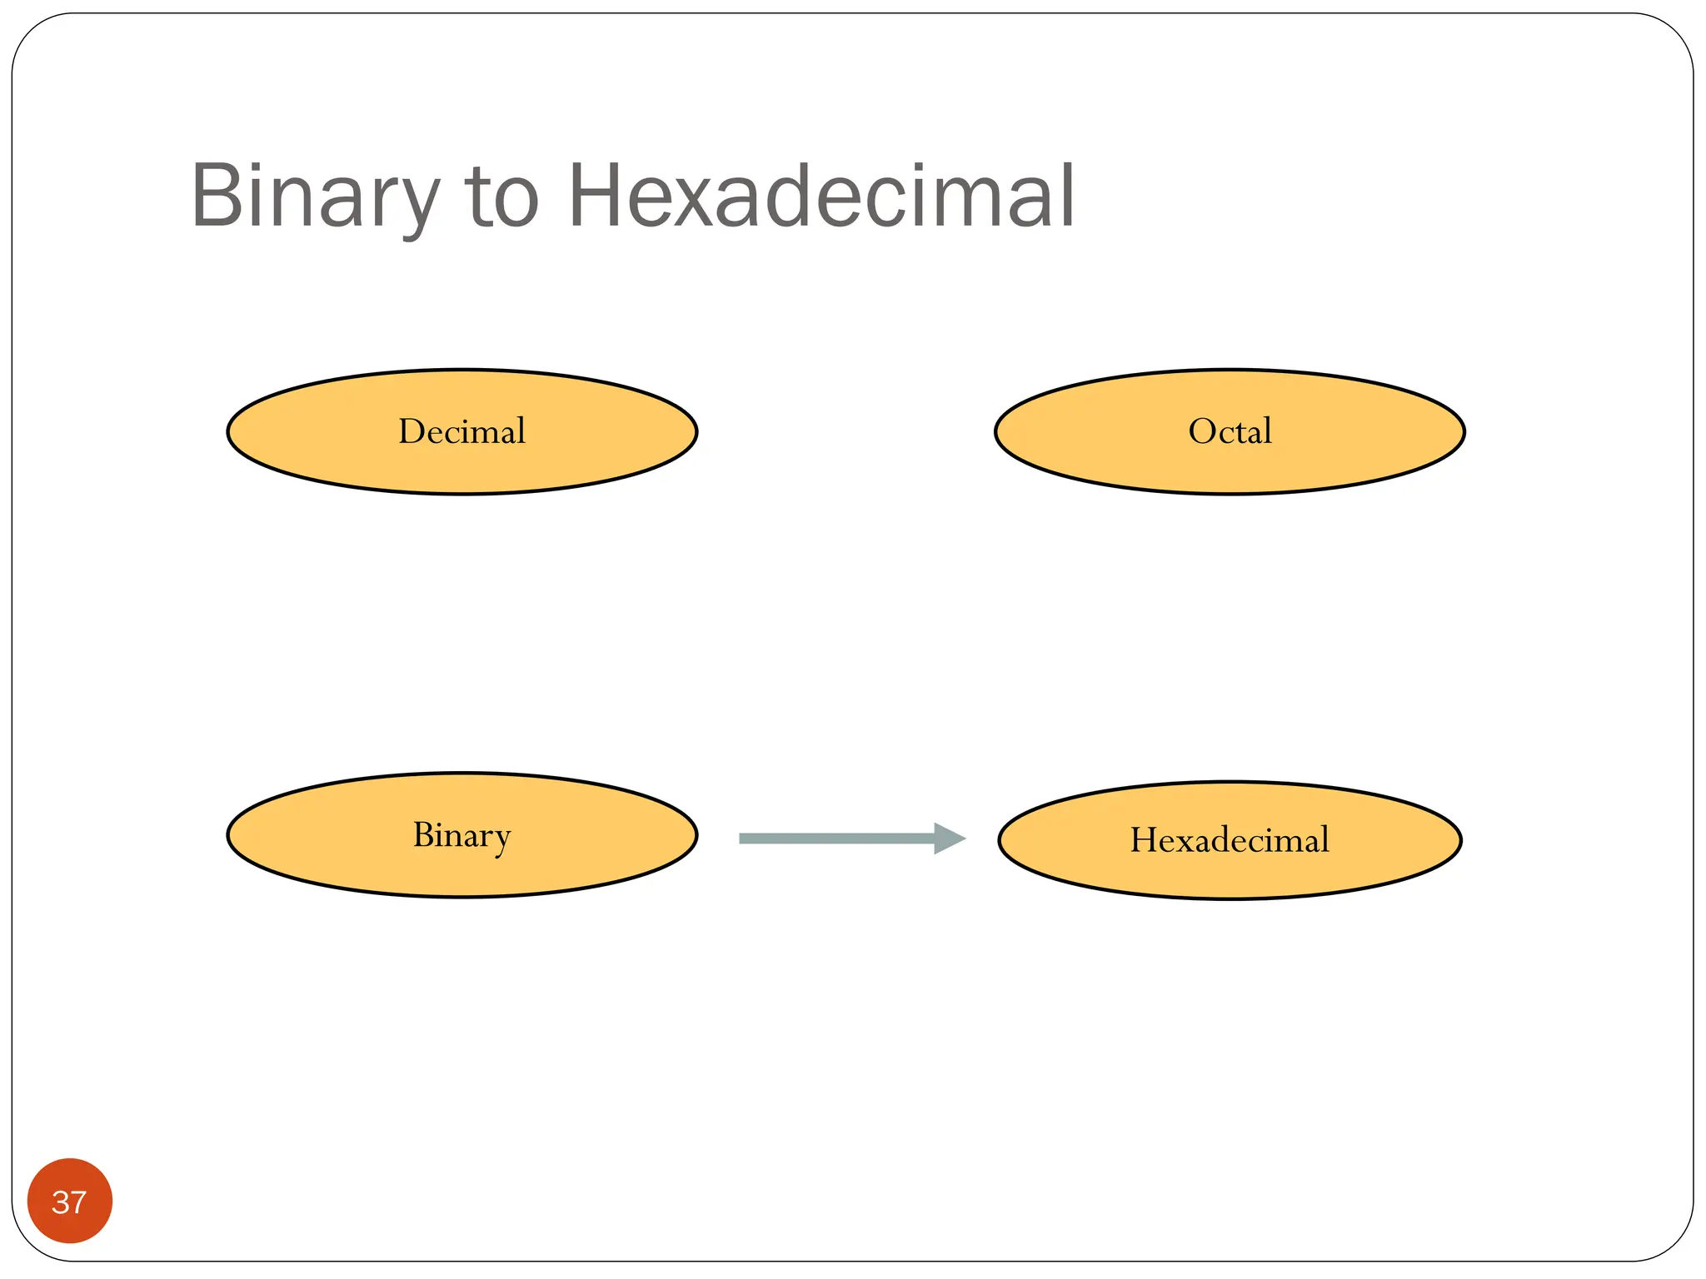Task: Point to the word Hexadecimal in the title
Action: coord(821,197)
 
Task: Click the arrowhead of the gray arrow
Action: coord(948,838)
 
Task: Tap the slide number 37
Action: coord(69,1202)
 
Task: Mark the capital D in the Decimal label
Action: coord(412,431)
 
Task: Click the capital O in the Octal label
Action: coord(1203,431)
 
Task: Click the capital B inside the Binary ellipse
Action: coord(424,835)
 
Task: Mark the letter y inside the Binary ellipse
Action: coord(501,840)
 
